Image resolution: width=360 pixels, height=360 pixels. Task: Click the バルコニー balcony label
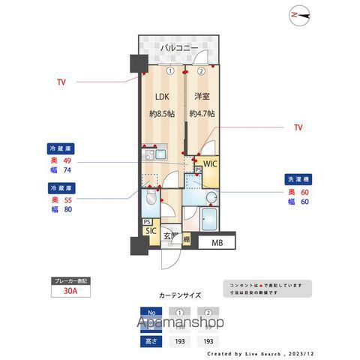[178, 49]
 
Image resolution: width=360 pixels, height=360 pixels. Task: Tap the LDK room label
[163, 97]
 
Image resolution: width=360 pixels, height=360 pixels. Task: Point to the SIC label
[151, 232]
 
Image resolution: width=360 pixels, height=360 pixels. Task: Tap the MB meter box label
[216, 243]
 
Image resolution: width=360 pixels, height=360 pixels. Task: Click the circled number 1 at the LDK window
[171, 71]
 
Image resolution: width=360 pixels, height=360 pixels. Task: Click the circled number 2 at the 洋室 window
[202, 71]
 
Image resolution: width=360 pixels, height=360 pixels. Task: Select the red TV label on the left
[61, 82]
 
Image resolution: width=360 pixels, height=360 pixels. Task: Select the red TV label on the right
[298, 128]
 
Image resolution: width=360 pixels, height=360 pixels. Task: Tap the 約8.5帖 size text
[163, 114]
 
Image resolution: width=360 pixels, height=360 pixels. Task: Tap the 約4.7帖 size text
[202, 114]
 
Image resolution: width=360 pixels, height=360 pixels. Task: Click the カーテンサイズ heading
[181, 295]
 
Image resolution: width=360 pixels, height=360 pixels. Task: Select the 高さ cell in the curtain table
[151, 340]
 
